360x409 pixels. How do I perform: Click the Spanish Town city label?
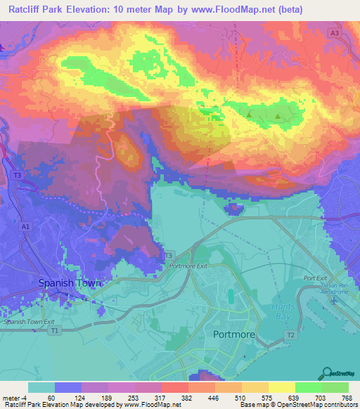pos(70,283)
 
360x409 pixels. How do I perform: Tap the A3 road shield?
pos(335,33)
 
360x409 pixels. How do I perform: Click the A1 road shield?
pos(25,227)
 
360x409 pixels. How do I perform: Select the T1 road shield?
pos(55,329)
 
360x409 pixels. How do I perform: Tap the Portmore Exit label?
pos(189,266)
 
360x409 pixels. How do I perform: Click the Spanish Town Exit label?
pos(30,320)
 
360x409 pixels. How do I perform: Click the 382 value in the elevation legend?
pos(188,398)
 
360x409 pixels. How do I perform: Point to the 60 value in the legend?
pos(51,398)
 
